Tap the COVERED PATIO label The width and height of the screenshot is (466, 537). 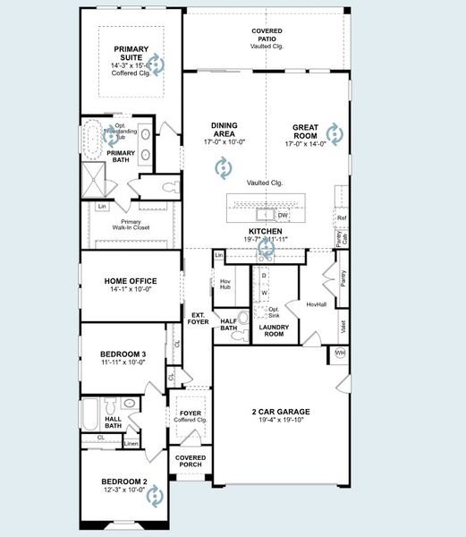267,35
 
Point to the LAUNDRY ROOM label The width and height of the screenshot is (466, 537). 271,331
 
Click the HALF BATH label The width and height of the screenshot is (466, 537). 228,324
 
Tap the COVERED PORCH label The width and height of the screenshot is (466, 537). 191,462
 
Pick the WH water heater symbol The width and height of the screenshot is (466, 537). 340,354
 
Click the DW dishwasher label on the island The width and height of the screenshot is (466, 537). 283,215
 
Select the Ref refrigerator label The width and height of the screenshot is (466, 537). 341,217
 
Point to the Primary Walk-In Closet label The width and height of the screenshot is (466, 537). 131,225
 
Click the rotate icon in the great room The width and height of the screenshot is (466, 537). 334,134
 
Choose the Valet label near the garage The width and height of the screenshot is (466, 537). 343,328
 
